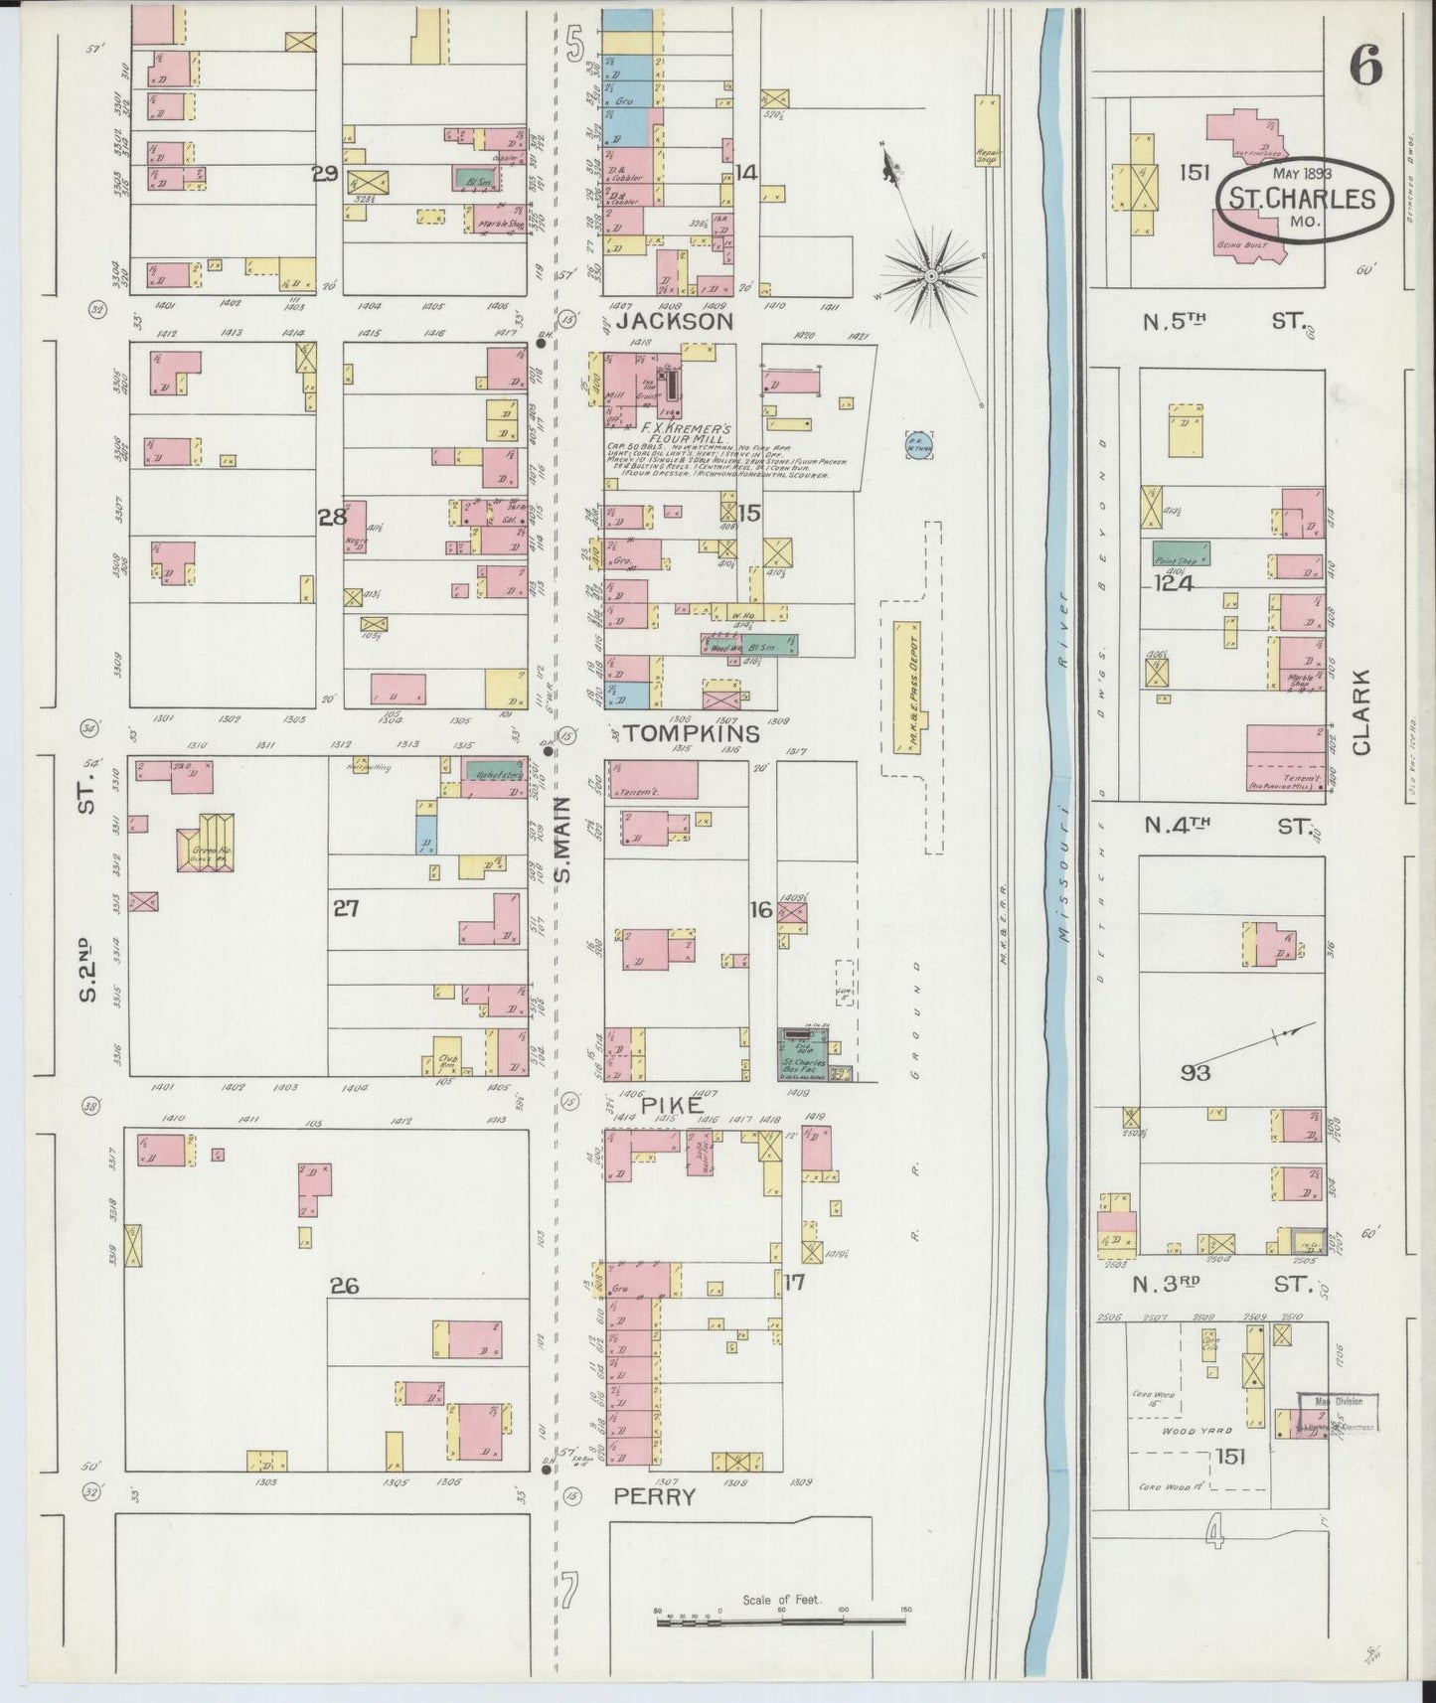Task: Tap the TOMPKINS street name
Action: (685, 734)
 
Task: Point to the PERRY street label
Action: (654, 1495)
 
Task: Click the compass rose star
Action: (931, 273)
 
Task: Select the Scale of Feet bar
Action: (780, 1622)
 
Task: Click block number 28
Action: (331, 517)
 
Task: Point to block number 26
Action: (344, 1286)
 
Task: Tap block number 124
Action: (1173, 584)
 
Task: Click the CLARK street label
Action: (1359, 712)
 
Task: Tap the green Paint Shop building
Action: (1181, 553)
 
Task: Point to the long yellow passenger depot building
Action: (907, 686)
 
